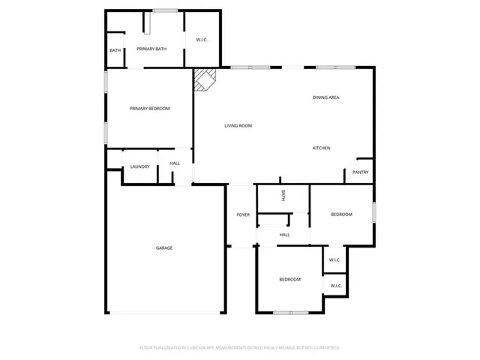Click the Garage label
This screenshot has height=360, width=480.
(x=164, y=248)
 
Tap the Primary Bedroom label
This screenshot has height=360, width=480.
(x=149, y=109)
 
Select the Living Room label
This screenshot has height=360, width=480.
(x=238, y=125)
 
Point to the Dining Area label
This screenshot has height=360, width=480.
(x=327, y=98)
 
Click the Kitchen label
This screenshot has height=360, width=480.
(x=321, y=148)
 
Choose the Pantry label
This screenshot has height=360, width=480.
(x=360, y=172)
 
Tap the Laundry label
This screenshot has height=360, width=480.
(x=140, y=166)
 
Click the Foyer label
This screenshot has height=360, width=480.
(x=243, y=215)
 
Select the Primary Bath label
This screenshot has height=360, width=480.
(x=151, y=49)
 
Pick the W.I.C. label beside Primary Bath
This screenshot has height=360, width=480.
(x=202, y=40)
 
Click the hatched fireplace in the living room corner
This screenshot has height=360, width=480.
(x=205, y=79)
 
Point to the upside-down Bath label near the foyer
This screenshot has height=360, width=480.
(x=283, y=196)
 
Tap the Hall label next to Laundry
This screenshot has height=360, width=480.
(x=175, y=163)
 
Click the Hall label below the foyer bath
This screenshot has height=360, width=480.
(x=284, y=235)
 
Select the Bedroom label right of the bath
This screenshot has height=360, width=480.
(x=342, y=215)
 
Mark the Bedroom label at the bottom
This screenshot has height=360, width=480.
(x=290, y=280)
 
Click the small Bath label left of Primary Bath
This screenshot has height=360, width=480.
(x=115, y=50)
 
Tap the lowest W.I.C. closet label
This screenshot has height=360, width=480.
(x=334, y=286)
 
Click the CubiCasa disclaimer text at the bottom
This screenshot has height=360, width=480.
(x=240, y=348)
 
